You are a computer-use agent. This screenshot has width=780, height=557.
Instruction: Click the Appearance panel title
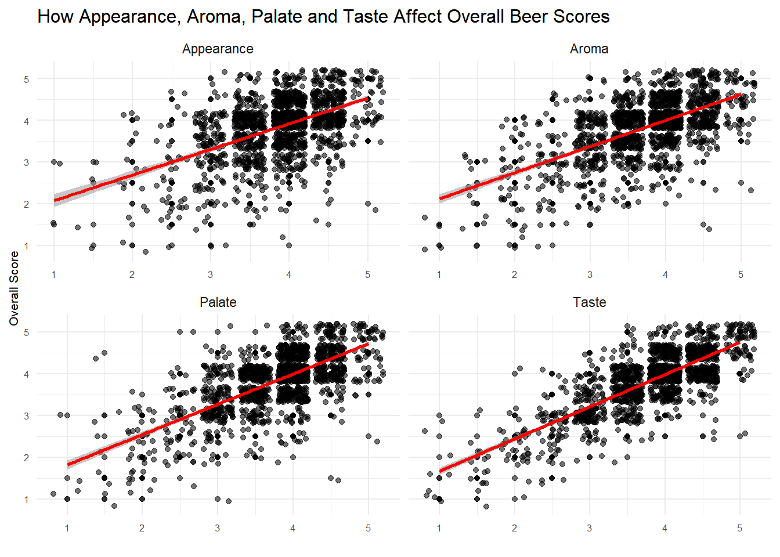tap(218, 49)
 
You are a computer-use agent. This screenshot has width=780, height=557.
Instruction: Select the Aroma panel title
tap(589, 49)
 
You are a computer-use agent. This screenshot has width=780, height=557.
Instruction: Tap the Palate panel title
tap(218, 302)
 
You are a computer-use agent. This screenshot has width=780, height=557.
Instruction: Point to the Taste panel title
tap(589, 302)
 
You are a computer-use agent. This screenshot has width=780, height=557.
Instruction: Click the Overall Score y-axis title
tap(15, 288)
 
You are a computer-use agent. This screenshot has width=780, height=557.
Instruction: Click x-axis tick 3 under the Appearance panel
tap(210, 274)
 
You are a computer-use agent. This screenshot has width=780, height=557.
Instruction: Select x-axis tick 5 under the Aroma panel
tap(741, 274)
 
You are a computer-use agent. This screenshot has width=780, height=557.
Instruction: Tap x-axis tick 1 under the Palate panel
tap(67, 528)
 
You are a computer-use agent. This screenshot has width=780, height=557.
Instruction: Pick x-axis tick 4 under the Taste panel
tap(665, 528)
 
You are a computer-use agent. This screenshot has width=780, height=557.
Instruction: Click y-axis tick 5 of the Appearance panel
tap(26, 79)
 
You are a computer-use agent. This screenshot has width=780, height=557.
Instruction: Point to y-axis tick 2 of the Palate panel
tap(26, 458)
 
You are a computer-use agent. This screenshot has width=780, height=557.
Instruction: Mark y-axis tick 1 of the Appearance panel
tap(26, 246)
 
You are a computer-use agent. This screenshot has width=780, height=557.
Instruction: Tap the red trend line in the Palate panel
tap(218, 405)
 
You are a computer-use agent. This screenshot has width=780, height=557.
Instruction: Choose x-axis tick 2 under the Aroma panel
tap(514, 274)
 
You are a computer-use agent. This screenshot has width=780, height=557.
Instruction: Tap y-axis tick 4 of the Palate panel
tap(26, 374)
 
